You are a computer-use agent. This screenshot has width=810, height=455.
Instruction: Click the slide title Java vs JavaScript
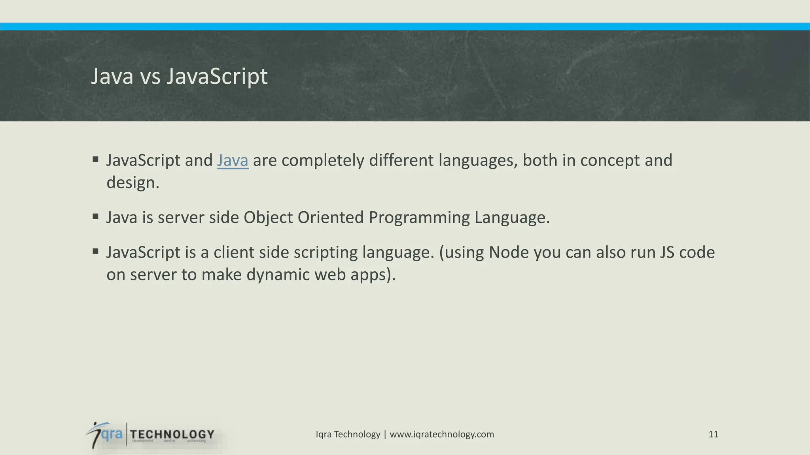tap(179, 76)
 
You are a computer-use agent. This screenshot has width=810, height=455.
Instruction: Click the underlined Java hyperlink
tap(233, 160)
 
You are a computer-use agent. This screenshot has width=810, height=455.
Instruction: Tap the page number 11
tap(713, 434)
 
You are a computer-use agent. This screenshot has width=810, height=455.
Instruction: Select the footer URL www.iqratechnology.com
tap(442, 434)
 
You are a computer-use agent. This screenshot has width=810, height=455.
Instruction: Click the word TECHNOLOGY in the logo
tap(172, 434)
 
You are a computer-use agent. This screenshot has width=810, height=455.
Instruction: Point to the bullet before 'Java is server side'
tap(95, 216)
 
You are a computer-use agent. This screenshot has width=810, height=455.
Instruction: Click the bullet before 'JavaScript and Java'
tap(95, 160)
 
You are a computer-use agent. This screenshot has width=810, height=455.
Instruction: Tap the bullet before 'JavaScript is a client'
tap(95, 251)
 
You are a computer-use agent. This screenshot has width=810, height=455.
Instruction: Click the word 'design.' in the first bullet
tap(133, 183)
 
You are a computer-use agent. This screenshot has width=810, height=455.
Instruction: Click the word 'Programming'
tap(419, 218)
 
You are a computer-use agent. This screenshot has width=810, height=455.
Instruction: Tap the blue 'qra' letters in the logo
tap(112, 434)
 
